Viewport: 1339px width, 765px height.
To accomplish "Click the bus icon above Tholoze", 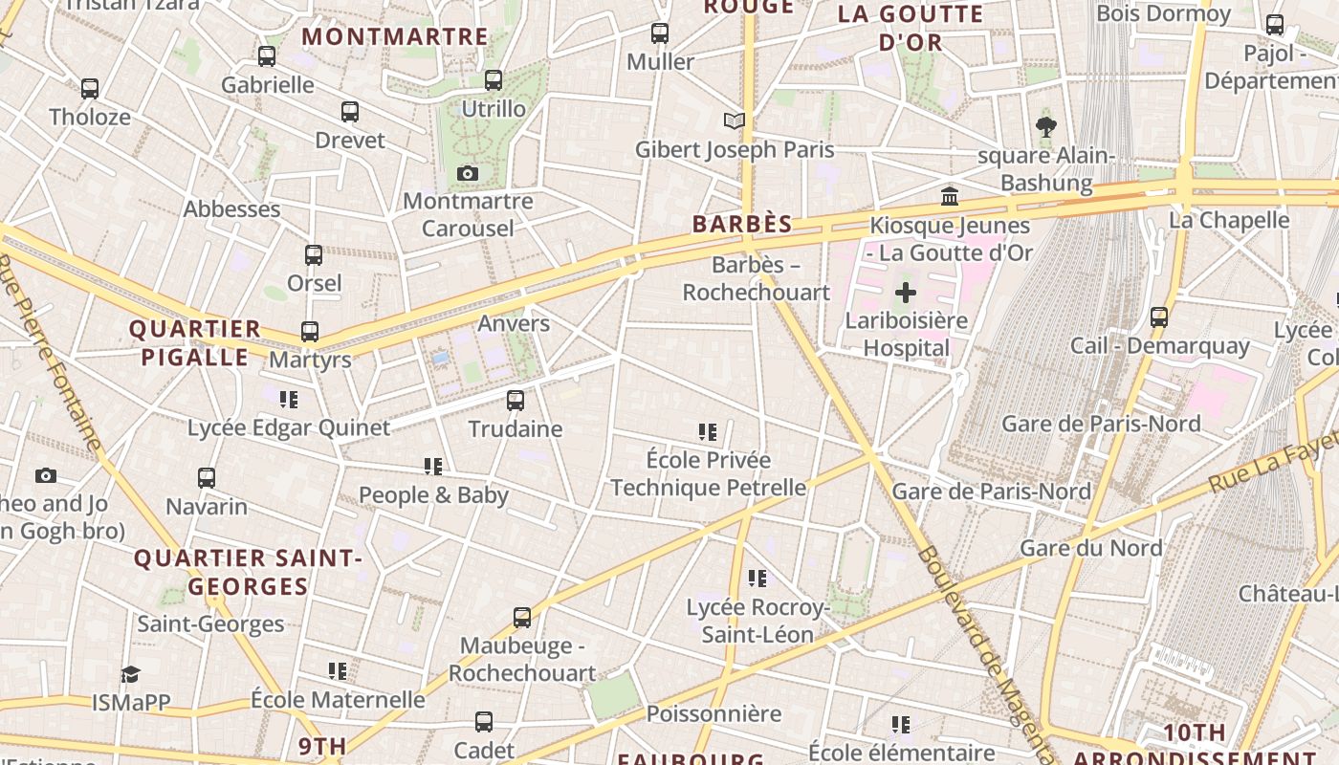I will pyautogui.click(x=90, y=89).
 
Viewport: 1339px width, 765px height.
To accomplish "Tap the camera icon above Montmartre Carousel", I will pyautogui.click(x=467, y=173).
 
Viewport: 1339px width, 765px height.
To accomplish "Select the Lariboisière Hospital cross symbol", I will pyautogui.click(x=905, y=293).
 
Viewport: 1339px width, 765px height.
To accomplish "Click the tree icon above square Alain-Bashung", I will pyautogui.click(x=1046, y=126).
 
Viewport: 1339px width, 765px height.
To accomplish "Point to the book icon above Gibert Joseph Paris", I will pyautogui.click(x=734, y=121).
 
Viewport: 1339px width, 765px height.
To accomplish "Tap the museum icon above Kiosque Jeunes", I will pyautogui.click(x=950, y=196).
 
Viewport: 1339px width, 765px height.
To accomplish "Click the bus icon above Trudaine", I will pyautogui.click(x=516, y=400).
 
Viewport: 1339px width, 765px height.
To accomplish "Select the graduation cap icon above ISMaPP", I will pyautogui.click(x=131, y=674).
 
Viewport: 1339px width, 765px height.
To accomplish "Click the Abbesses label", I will pyautogui.click(x=231, y=209).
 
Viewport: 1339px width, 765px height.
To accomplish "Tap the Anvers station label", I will pyautogui.click(x=514, y=323).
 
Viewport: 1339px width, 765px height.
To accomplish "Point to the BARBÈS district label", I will pyautogui.click(x=742, y=225).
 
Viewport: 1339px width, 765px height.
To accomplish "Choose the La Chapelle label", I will pyautogui.click(x=1229, y=220).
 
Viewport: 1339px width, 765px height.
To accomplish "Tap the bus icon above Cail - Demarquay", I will pyautogui.click(x=1159, y=317).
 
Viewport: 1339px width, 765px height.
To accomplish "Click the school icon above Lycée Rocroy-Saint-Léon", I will pyautogui.click(x=757, y=579).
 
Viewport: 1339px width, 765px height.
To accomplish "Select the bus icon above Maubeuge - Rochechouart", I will pyautogui.click(x=521, y=618).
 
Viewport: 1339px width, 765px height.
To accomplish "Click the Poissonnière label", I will pyautogui.click(x=713, y=713).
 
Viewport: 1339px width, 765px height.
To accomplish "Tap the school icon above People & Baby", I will pyautogui.click(x=433, y=467).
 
